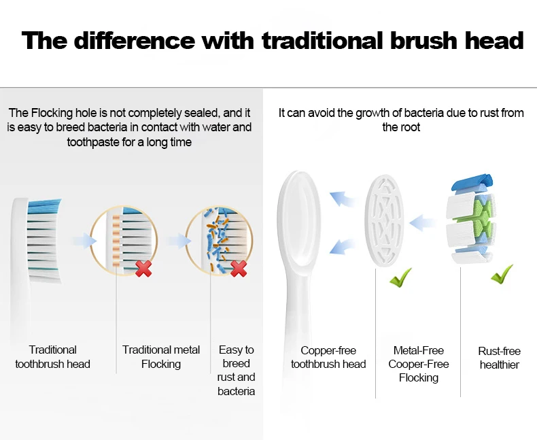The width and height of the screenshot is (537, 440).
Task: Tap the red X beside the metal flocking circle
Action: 143,269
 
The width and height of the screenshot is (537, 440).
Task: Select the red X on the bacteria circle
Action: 239,269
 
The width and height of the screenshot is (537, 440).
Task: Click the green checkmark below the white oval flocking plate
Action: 400,277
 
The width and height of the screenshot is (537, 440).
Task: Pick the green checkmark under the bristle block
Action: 502,274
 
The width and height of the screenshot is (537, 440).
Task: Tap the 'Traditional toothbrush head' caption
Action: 52,357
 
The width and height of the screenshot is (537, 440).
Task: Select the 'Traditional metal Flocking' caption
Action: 161,357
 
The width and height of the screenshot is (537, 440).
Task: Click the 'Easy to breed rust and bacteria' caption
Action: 236,370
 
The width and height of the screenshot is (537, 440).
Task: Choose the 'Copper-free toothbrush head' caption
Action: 328,357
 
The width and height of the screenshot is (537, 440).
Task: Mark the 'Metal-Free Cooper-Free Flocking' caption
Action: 418,364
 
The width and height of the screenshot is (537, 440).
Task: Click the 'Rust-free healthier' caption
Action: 499,358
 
